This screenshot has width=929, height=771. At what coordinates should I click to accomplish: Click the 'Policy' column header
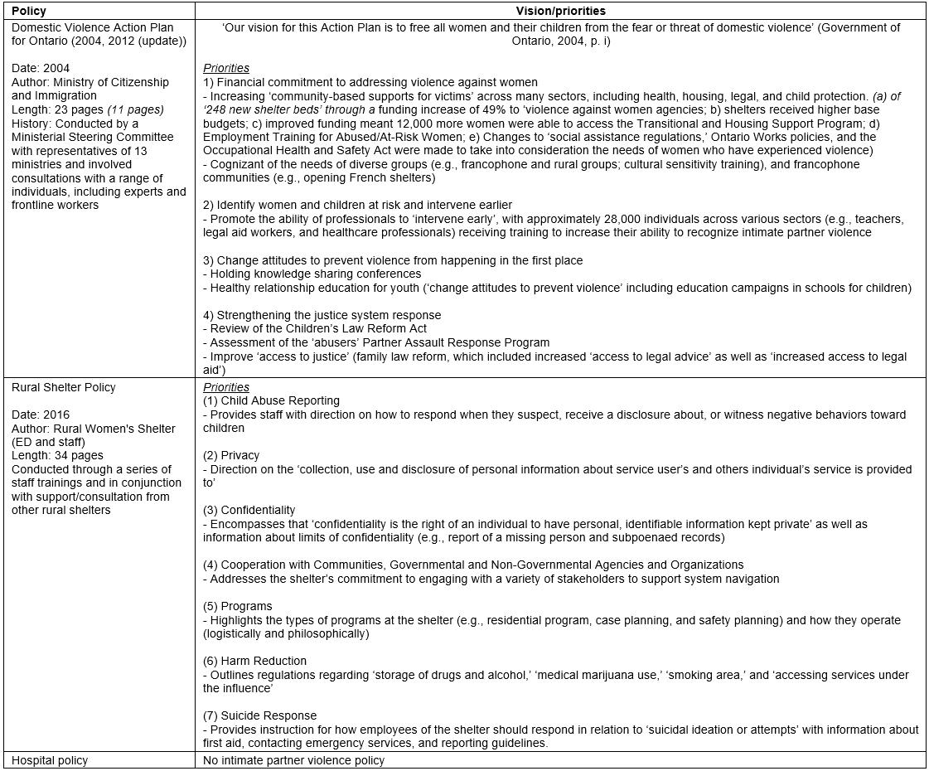click(x=29, y=11)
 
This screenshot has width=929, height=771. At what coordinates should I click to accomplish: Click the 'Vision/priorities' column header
click(x=561, y=11)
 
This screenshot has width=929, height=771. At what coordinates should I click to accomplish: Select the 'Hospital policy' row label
click(x=49, y=760)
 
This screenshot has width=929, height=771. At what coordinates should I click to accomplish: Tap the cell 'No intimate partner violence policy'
click(x=293, y=760)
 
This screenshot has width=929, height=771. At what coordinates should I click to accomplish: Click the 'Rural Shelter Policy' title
click(x=64, y=387)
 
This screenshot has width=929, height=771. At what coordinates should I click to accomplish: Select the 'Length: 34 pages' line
click(x=57, y=455)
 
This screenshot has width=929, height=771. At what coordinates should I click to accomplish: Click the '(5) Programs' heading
click(x=237, y=606)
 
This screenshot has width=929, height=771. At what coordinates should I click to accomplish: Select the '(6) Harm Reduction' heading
click(x=254, y=661)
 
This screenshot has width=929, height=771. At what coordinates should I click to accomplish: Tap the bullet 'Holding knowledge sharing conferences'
click(x=315, y=274)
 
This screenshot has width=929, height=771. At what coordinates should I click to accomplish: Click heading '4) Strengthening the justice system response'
click(x=322, y=315)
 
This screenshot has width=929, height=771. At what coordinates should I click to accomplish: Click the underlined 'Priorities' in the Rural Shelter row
click(x=226, y=387)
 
